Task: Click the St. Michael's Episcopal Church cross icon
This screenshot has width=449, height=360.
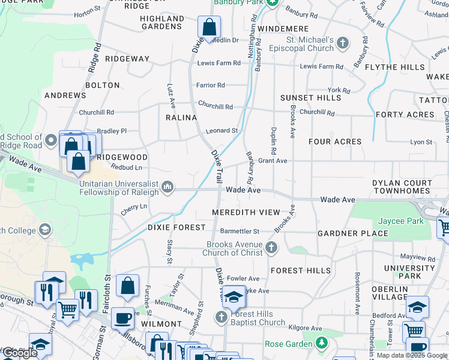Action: pos(342,43)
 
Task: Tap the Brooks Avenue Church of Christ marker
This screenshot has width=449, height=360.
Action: pos(271,248)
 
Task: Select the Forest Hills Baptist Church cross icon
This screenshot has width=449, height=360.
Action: pos(221,317)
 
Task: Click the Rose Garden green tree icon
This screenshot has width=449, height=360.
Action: pos(322,344)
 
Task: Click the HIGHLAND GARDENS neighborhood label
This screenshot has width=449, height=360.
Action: pos(162,23)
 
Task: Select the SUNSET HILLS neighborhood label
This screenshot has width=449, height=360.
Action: pos(310,98)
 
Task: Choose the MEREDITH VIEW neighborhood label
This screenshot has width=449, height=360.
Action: pos(246,212)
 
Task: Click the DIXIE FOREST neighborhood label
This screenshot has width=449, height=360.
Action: pos(176,228)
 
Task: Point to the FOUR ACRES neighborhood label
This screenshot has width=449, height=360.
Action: pos(335,142)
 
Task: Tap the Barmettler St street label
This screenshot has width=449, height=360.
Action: pos(240,231)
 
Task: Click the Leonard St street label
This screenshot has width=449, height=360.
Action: pos(222,130)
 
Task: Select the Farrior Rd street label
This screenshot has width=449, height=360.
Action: pos(211,85)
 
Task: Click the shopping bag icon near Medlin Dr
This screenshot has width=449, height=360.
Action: pos(209,27)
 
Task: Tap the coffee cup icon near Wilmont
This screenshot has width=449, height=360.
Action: pos(123,319)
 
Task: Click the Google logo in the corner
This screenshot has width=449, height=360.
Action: pos(20,353)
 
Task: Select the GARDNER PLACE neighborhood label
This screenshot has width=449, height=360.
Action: pos(352,233)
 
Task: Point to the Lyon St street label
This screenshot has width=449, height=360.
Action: pos(421,142)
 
